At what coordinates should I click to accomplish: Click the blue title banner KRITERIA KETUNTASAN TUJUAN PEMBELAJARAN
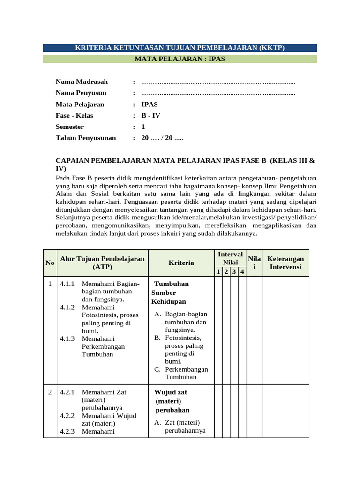pyautogui.click(x=180, y=48)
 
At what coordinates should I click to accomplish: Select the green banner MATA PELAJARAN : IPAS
pyautogui.click(x=180, y=59)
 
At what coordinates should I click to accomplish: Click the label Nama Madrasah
pyautogui.click(x=78, y=82)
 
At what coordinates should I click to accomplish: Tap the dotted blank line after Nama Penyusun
pyautogui.click(x=218, y=93)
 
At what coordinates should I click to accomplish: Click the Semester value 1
pyautogui.click(x=143, y=127)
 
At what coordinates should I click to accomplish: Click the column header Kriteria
pyautogui.click(x=181, y=263)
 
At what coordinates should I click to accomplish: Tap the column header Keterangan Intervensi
pyautogui.click(x=285, y=262)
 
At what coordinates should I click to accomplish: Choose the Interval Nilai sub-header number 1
pyautogui.click(x=218, y=272)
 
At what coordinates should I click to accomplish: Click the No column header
pyautogui.click(x=50, y=263)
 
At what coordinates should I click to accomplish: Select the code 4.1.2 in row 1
pyautogui.click(x=67, y=307)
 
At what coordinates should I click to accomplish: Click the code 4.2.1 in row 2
pyautogui.click(x=67, y=392)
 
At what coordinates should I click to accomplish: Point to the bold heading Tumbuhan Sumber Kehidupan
pyautogui.click(x=170, y=292)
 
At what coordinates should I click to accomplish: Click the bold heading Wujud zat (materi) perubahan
pyautogui.click(x=171, y=401)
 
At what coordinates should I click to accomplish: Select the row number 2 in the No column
pyautogui.click(x=50, y=392)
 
